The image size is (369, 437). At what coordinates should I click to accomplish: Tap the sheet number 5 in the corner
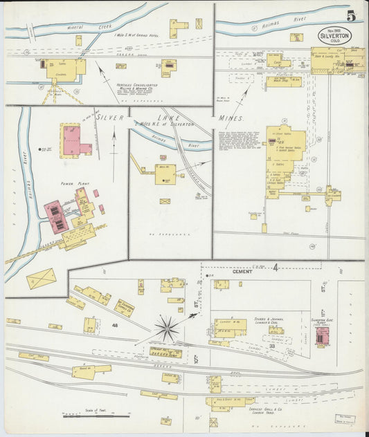(x=352, y=17)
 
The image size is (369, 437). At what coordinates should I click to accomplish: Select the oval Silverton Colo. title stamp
(x=334, y=35)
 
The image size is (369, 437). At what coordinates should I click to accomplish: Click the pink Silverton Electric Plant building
(x=321, y=336)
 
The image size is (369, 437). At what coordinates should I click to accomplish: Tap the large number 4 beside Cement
(x=275, y=266)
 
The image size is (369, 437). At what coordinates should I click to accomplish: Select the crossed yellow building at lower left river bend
(x=41, y=279)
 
